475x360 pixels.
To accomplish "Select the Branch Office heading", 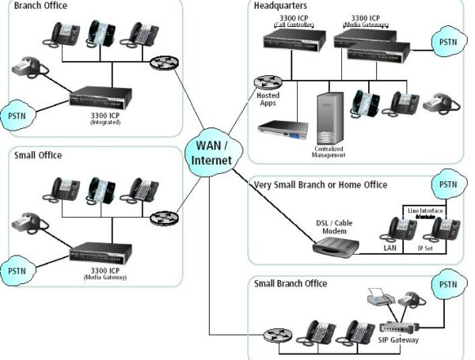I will coord(40,6).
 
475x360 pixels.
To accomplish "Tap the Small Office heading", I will coord(37,155).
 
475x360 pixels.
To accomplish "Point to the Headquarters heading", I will coord(280,6).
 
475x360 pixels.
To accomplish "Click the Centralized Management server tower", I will coord(329,119).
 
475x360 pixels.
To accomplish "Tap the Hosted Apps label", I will coord(268,98).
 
